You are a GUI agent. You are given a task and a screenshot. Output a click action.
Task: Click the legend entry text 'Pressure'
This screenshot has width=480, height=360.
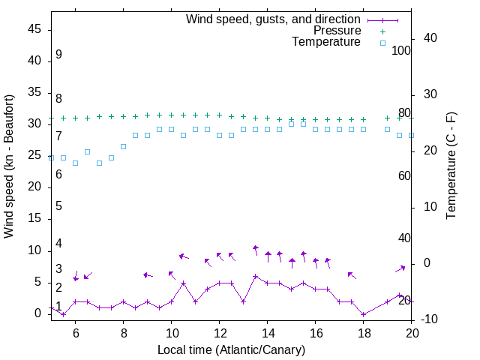337,31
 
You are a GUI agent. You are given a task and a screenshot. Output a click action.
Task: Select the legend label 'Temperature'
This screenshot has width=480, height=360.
326,42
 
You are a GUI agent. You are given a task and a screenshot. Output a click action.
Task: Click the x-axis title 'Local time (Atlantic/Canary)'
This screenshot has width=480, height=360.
231,350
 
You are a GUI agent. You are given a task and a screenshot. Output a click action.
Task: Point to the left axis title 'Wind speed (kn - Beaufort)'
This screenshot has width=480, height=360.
9,166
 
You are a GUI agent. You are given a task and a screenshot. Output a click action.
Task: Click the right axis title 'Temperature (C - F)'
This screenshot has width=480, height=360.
451,166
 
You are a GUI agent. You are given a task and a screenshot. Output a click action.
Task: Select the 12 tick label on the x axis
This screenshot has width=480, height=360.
219,334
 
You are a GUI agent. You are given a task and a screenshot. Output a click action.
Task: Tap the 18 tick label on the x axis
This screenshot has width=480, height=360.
363,334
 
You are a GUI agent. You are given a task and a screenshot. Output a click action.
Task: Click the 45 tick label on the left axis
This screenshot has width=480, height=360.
34,29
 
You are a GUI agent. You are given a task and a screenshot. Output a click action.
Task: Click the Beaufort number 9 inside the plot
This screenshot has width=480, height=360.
58,55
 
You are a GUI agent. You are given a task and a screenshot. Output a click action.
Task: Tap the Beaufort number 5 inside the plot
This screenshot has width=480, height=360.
58,206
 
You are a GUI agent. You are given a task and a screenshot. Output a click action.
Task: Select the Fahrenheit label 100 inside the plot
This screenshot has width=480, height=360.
402,51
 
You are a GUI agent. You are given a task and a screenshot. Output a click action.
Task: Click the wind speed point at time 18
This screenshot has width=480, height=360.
363,314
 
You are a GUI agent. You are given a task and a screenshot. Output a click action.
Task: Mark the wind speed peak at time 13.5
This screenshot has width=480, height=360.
255,276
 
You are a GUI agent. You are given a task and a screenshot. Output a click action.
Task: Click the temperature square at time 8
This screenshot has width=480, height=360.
123,146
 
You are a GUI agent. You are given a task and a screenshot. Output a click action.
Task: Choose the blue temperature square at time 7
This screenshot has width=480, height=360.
99,163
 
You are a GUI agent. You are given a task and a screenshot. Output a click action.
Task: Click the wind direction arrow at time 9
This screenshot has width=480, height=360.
147,275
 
